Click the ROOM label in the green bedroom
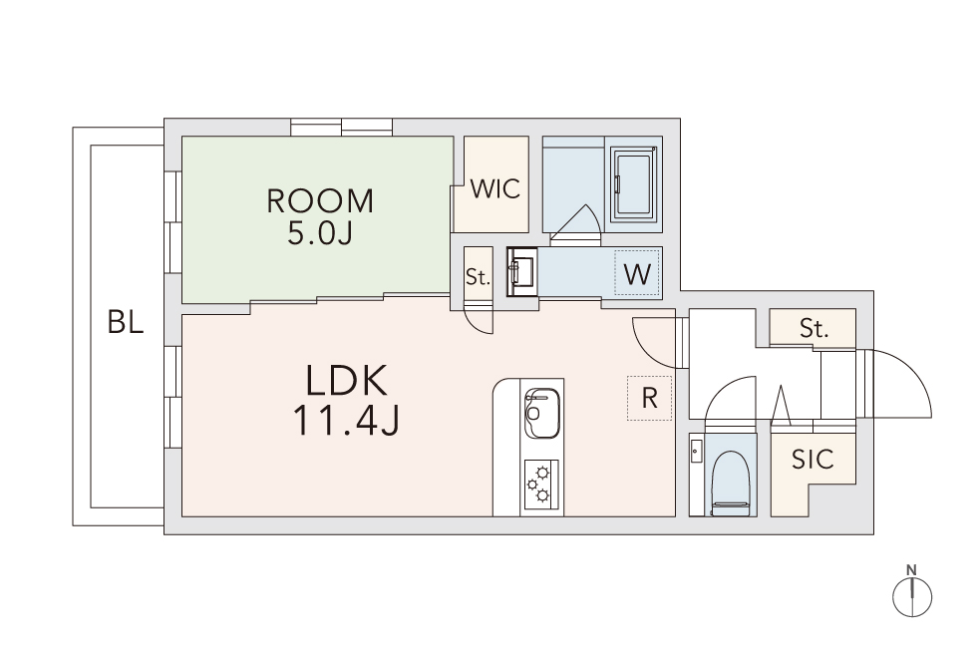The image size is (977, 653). point(320,200)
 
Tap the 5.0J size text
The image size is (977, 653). point(320,233)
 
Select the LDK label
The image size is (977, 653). point(347,381)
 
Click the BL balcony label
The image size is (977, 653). point(126,322)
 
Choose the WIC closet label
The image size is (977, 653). point(495,188)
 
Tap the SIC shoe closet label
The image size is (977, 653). point(813,460)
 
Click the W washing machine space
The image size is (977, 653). point(637,273)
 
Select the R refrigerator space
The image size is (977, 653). point(649,398)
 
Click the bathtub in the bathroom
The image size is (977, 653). point(633,183)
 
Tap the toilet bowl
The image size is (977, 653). point(729,484)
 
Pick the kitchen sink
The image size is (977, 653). point(542,413)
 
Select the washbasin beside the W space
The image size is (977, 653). point(522,271)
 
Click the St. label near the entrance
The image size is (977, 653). point(814,328)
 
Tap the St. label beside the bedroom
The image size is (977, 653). point(478,277)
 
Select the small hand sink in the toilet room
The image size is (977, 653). point(697,451)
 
